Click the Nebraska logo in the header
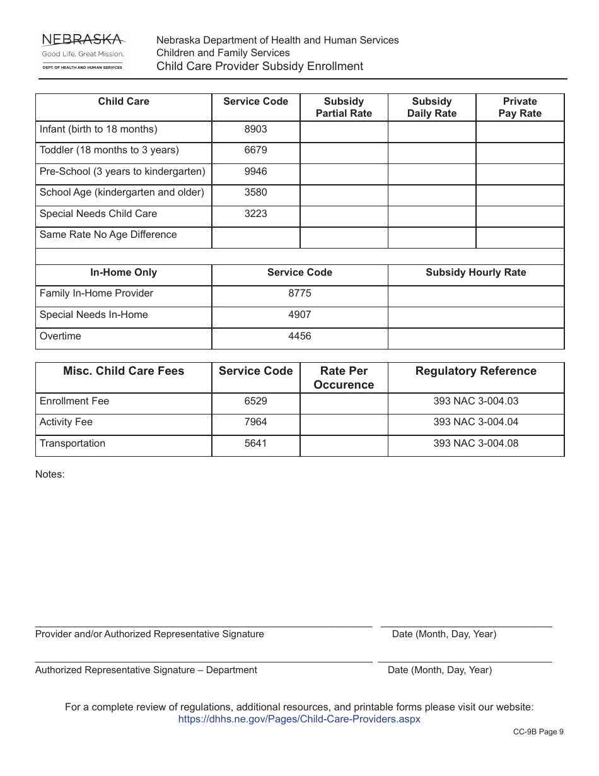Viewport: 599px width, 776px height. (x=83, y=51)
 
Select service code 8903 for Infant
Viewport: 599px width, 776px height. (x=255, y=129)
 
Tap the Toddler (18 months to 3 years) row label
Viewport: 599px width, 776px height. (x=109, y=150)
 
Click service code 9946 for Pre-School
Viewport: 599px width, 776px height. (x=255, y=172)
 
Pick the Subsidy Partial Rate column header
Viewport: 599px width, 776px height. (x=344, y=107)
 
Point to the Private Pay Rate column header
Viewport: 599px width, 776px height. (x=520, y=107)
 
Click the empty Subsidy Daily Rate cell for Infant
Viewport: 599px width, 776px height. (x=431, y=132)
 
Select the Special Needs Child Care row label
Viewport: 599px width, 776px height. (x=98, y=214)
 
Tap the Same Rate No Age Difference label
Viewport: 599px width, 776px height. (x=108, y=235)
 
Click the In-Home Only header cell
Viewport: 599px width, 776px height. (x=124, y=273)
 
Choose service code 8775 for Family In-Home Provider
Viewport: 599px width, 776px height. (x=299, y=293)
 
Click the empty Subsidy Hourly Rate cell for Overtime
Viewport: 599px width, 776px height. (x=475, y=338)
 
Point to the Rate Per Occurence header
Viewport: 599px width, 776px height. (x=344, y=378)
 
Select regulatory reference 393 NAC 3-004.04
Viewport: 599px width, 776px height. (x=475, y=422)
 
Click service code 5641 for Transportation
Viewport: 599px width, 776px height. (x=255, y=444)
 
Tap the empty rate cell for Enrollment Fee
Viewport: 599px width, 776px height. (x=344, y=404)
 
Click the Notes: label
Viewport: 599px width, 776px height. (x=50, y=474)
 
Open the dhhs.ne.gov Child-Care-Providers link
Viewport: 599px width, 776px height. (x=299, y=719)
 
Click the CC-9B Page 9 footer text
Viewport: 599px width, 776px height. (x=538, y=732)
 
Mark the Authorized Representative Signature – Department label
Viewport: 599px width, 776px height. (x=146, y=670)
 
